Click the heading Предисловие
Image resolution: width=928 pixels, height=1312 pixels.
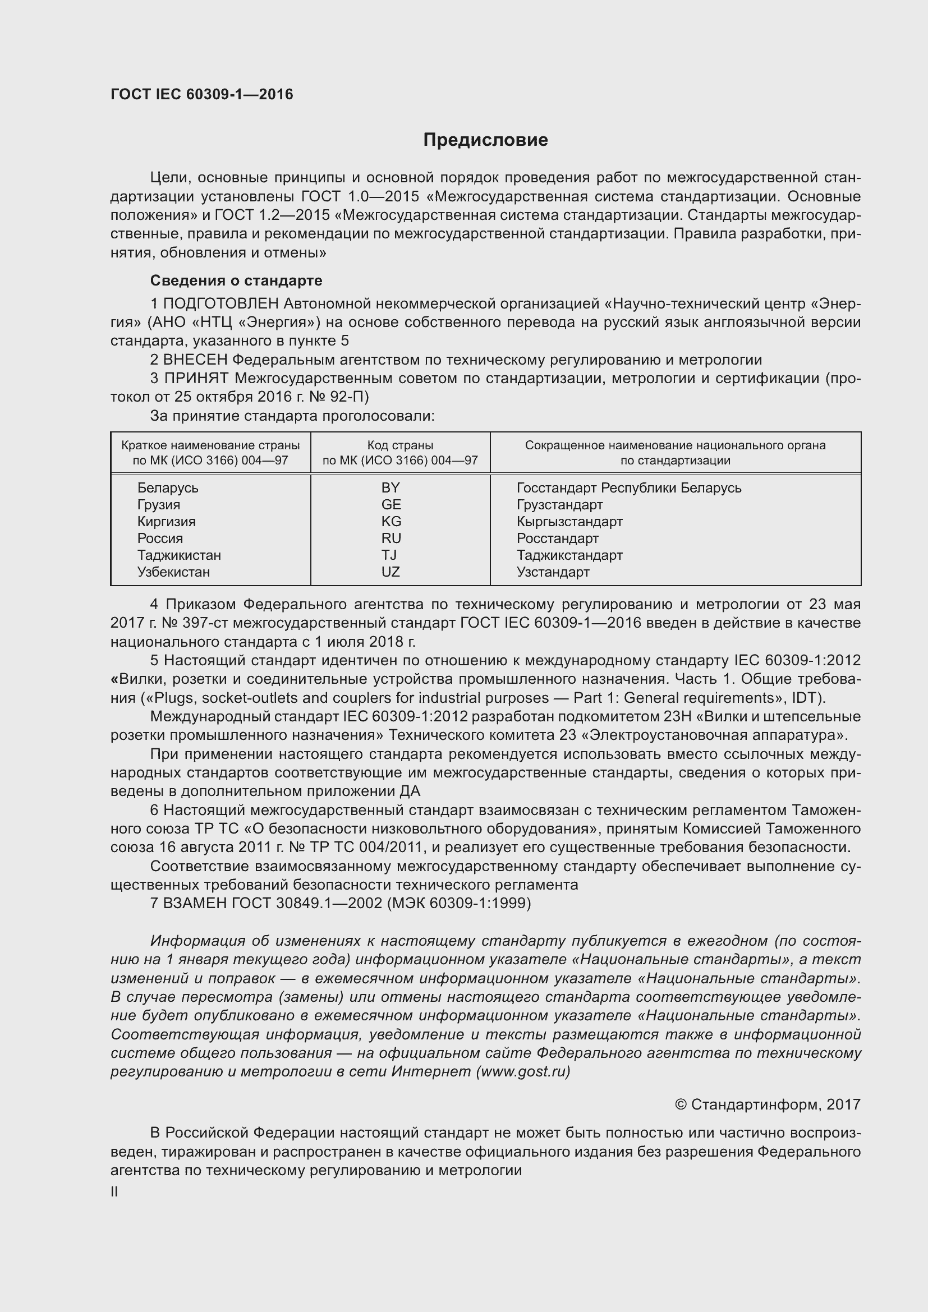tap(485, 140)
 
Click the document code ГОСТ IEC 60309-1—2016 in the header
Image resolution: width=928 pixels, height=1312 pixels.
tap(202, 94)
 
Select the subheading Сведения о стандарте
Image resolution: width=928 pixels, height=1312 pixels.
tap(236, 280)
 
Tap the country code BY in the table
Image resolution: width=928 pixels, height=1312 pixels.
tap(391, 487)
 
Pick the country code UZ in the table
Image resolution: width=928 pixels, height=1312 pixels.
tap(391, 572)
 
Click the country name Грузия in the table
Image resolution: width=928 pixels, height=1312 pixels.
tap(159, 505)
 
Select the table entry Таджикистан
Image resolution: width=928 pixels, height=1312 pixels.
tap(179, 555)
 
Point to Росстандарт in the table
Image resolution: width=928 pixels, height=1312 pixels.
tap(558, 538)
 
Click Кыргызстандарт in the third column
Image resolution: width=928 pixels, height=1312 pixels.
tap(569, 521)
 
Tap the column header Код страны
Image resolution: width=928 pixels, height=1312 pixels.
tap(400, 445)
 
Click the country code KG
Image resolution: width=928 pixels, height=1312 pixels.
tap(392, 521)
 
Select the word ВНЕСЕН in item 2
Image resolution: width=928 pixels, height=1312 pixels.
tap(195, 360)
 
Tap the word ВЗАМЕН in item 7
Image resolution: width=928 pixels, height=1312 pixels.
tap(196, 903)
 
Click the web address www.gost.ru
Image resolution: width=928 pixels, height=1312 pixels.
tap(523, 1071)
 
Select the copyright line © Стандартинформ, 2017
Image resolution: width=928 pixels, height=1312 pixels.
tap(768, 1104)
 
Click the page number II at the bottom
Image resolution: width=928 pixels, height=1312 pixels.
tap(114, 1192)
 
